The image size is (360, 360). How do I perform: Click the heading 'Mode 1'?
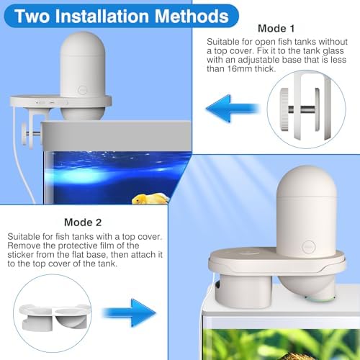coord(276,29)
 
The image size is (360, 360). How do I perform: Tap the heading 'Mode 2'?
coord(83,222)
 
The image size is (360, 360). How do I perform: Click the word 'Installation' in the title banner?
coord(104,16)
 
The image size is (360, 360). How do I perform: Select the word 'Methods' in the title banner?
coord(192,16)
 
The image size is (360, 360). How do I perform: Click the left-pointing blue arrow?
coord(233,109)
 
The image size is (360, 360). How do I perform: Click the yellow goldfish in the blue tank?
coord(150,199)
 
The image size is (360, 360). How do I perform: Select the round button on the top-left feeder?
coord(82,90)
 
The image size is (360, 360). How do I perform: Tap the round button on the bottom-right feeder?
coord(308,246)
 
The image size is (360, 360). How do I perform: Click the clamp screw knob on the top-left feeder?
coord(24,134)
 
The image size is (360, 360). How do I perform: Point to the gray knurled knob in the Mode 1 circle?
coord(284,109)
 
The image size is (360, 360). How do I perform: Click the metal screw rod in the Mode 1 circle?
coord(303,109)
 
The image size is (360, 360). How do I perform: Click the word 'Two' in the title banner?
coord(32,16)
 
